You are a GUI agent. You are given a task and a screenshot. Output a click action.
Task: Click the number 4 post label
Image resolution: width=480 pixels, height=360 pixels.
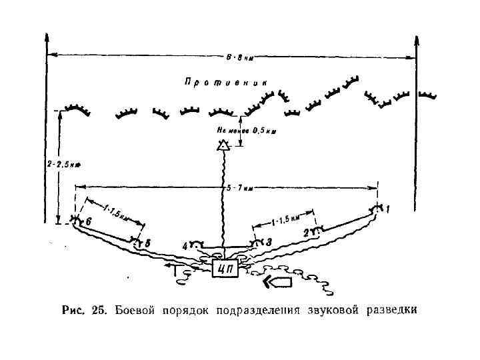[x=185, y=246]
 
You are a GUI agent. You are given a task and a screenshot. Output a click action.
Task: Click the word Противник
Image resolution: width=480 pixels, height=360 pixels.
[x=226, y=83]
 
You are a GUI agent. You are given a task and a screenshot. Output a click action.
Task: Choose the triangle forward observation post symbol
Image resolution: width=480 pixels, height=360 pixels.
[x=223, y=143]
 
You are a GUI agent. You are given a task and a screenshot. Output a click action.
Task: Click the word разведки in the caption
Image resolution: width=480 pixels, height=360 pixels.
[x=392, y=311]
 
